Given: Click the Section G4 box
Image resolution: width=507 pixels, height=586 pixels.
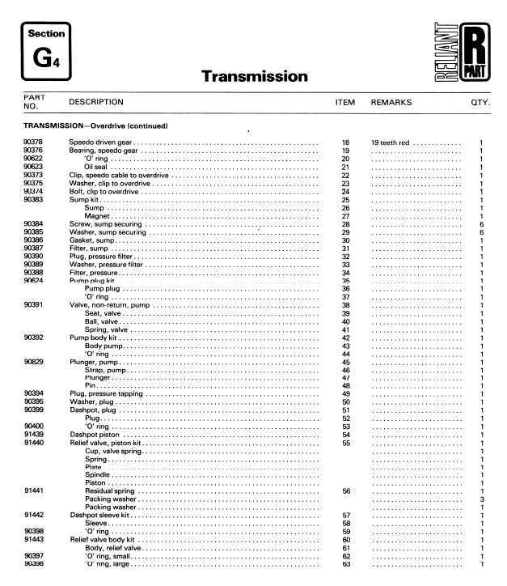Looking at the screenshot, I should tap(44, 50).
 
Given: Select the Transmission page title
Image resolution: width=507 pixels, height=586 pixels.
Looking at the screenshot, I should tap(253, 77).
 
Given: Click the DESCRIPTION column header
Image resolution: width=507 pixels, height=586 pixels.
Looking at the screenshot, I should tap(96, 103).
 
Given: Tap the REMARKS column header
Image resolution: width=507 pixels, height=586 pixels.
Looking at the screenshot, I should tap(391, 103).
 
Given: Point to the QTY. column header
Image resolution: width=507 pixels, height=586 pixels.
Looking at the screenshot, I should tap(482, 103).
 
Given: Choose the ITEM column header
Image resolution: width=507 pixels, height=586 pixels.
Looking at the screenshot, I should tap(345, 103).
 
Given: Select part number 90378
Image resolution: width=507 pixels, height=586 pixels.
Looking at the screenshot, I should tap(33, 142).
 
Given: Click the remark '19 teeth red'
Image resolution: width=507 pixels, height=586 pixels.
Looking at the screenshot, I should tap(392, 142).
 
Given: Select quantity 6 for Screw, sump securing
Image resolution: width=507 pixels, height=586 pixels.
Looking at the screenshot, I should tap(481, 224).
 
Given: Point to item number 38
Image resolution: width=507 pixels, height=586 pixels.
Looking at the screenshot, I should tap(345, 305).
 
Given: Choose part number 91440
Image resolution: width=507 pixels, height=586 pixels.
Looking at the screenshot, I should tap(33, 444).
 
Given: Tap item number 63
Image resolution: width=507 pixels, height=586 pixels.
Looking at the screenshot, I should tap(345, 564).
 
